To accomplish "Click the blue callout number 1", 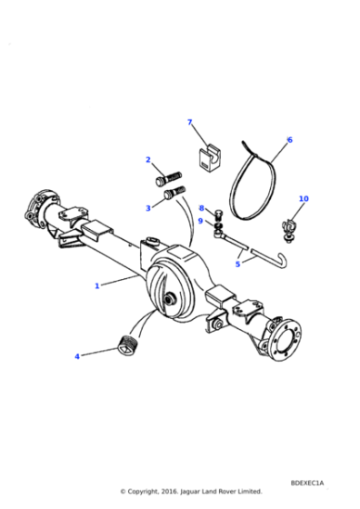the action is coord(96,286).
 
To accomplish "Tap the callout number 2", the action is coord(148,160).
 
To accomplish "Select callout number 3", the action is coord(148,208).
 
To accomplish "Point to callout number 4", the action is coord(77,356).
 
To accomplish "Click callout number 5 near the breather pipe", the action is coord(237,264).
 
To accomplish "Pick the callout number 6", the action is coord(290,140).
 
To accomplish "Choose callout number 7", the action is coord(190,122).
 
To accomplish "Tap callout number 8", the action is coord(201,208).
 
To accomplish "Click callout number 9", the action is coord(200,221).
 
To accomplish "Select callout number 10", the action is coord(304,198).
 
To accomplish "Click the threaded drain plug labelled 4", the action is coord(127,345).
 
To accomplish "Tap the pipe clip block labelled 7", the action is coord(208,159).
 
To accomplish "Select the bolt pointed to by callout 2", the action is coord(168,179).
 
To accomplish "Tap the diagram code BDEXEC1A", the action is coord(307,483).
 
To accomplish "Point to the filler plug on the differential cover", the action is coord(169,299).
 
